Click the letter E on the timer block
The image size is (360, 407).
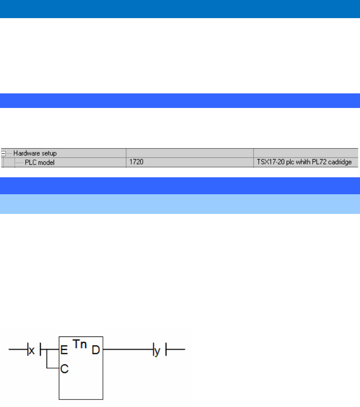63,349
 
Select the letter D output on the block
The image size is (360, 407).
96,349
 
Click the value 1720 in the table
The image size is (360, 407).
136,162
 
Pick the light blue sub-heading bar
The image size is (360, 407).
180,204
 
